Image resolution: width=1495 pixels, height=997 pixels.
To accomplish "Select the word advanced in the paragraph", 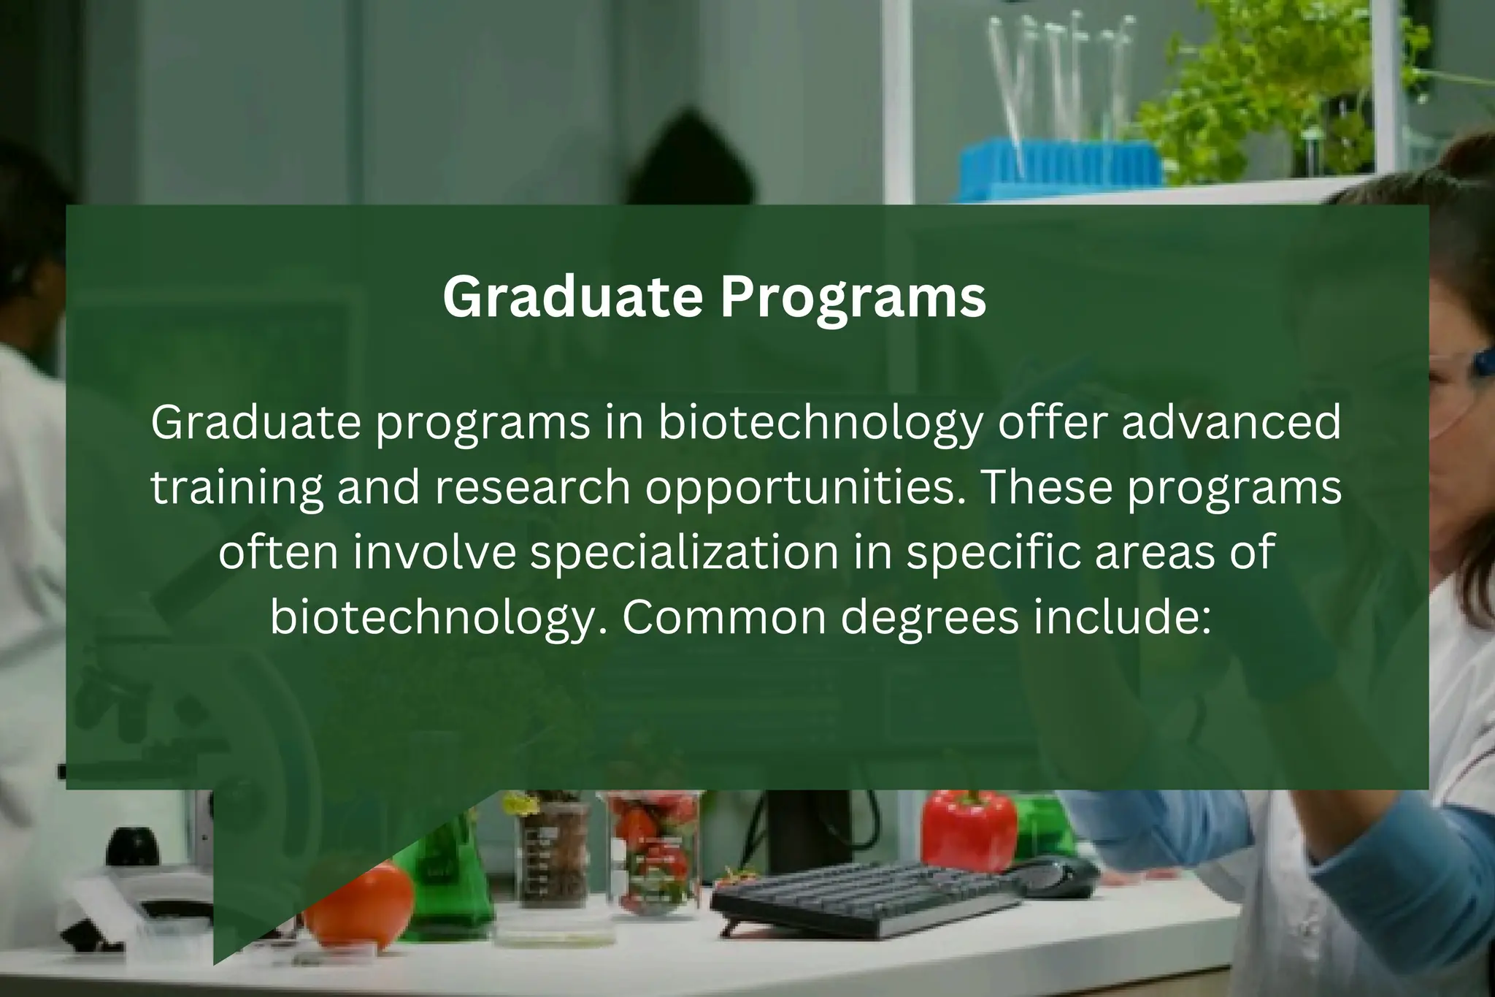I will pos(1231,424).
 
